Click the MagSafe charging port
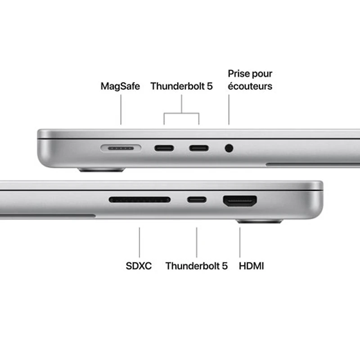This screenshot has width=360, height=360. [121, 148]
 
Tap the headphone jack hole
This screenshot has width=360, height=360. [229, 148]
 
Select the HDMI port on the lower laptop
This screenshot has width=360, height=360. [240, 201]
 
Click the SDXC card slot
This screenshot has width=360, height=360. [139, 199]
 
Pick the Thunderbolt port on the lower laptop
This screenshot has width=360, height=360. [197, 200]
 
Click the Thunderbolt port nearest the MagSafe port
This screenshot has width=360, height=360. [164, 148]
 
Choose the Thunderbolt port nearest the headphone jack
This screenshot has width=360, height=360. [199, 148]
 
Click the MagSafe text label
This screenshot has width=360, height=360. [120, 86]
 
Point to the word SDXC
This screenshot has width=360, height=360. [139, 266]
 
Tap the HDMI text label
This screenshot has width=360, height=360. [252, 266]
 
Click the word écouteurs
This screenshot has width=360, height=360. [250, 86]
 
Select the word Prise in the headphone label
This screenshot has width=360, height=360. [238, 74]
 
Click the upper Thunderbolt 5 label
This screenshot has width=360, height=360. [181, 86]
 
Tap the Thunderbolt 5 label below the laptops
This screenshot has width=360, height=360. [197, 266]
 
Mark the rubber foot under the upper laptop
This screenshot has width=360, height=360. [102, 170]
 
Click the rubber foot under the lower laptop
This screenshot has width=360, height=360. [260, 221]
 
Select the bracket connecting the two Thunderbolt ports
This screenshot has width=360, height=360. [181, 113]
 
